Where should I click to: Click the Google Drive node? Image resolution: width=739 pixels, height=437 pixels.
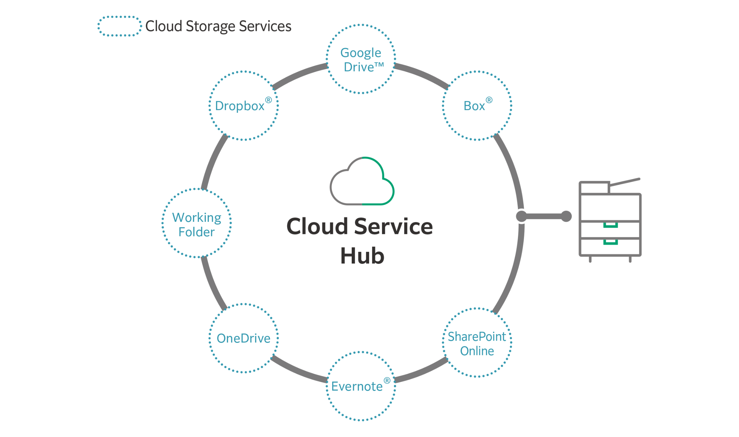click(361, 59)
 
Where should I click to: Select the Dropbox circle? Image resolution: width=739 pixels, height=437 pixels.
click(244, 106)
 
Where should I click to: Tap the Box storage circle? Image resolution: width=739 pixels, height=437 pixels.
click(477, 106)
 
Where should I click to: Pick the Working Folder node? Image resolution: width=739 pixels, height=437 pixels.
click(197, 224)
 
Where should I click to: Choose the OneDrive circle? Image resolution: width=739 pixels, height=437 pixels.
click(244, 338)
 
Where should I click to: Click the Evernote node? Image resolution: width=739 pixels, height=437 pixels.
click(361, 386)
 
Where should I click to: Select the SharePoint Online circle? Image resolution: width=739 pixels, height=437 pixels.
click(477, 343)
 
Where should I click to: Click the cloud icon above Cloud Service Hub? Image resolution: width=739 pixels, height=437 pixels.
click(362, 182)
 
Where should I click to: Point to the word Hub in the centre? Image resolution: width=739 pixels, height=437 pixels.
click(362, 256)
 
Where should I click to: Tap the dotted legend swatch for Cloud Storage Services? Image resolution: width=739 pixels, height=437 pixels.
click(120, 26)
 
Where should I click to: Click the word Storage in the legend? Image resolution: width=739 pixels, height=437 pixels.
click(210, 26)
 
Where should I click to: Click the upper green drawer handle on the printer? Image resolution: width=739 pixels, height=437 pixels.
click(610, 225)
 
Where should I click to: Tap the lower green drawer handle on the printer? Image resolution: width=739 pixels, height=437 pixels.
click(610, 242)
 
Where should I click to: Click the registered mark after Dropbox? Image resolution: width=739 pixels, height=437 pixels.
click(268, 100)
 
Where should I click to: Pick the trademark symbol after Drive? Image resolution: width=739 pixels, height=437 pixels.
click(379, 65)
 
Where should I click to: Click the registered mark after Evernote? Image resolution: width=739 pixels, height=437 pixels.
click(387, 381)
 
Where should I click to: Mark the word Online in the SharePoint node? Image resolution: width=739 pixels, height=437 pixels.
click(477, 351)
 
